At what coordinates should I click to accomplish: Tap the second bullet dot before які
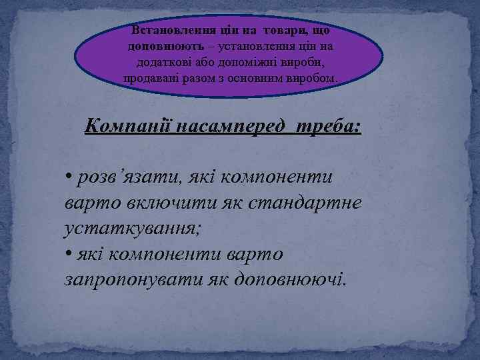tap(69, 253)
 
